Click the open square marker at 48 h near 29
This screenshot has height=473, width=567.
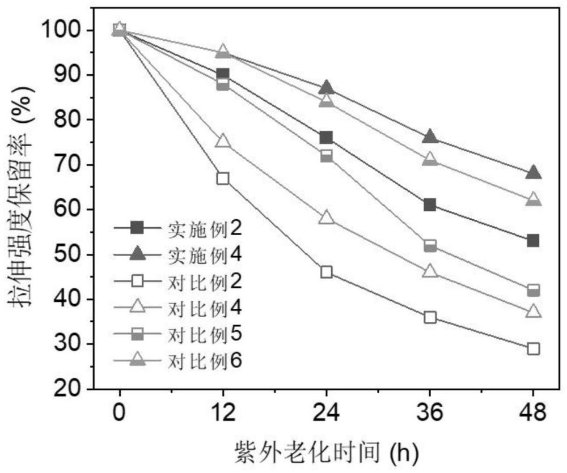533,348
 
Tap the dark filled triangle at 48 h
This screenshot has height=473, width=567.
533,173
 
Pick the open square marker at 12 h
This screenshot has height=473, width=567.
223,178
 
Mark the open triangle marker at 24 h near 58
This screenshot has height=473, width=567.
326,218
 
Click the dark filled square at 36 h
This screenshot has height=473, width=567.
430,205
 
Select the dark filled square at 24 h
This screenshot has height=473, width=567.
326,138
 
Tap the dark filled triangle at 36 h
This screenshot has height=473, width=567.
430,137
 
